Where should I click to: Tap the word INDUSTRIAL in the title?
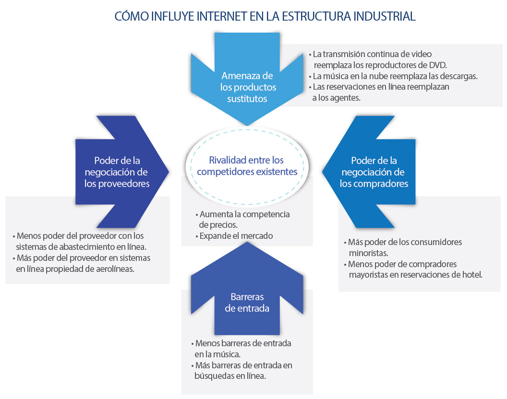click(x=385, y=16)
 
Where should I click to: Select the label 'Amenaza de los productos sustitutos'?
click(x=247, y=87)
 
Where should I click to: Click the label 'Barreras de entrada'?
click(x=247, y=303)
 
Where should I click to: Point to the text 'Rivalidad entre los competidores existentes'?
click(x=247, y=166)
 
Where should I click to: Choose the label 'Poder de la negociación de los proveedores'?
click(x=117, y=172)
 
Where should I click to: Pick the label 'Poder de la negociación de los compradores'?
click(x=374, y=172)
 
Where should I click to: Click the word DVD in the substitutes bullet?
click(x=438, y=65)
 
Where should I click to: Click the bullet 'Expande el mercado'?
click(x=236, y=236)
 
